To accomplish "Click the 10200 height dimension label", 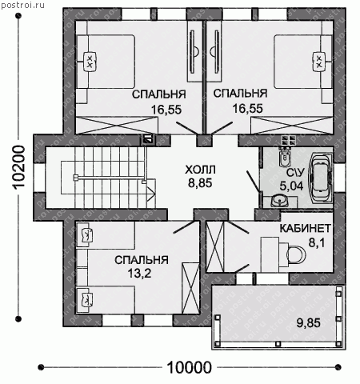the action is click(19, 167).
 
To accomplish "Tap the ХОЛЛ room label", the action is click(200, 170).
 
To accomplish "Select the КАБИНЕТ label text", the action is click(306, 229).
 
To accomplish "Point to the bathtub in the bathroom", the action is click(321, 178).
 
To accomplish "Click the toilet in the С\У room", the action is click(285, 157).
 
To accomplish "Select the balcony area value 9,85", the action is click(309, 323).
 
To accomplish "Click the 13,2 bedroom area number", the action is click(140, 273).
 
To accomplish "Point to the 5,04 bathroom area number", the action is click(291, 186).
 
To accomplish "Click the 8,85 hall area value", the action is click(200, 183).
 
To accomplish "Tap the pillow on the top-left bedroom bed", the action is click(90, 62).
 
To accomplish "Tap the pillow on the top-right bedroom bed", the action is click(319, 62).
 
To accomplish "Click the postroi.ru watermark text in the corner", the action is click(22, 5).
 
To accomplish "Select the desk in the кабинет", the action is click(270, 254).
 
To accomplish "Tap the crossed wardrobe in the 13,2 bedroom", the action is click(190, 288).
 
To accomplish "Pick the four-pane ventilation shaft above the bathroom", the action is click(290, 141).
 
